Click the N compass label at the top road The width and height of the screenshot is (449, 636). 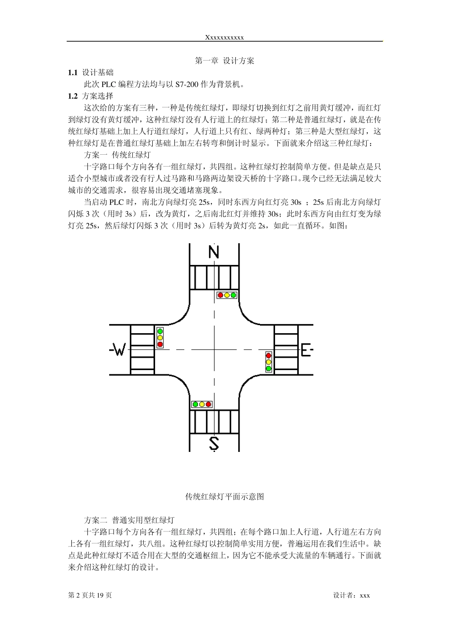click(x=214, y=252)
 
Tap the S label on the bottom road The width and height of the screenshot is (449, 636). click(x=214, y=443)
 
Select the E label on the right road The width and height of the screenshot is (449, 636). click(x=306, y=350)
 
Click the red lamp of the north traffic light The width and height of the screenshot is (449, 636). click(x=220, y=295)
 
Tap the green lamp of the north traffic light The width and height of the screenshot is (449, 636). click(x=233, y=295)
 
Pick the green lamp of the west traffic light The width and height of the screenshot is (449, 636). click(x=160, y=331)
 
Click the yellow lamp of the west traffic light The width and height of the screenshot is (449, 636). click(x=160, y=338)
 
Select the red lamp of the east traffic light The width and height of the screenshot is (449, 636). click(x=268, y=355)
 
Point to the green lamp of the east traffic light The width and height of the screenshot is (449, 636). click(x=268, y=368)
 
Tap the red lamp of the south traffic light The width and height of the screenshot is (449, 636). click(x=208, y=405)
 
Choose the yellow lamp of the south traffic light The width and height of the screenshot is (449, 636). click(x=202, y=405)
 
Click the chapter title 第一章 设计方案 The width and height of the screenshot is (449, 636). click(x=224, y=61)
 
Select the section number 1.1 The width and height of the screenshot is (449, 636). click(x=72, y=73)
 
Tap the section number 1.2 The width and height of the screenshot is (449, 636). click(x=72, y=96)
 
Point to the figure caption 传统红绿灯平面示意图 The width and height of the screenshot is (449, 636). click(x=224, y=496)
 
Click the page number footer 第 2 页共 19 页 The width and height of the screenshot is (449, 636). click(x=90, y=595)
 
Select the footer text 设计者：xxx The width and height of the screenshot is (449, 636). click(x=352, y=595)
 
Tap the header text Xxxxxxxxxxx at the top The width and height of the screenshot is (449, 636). click(x=224, y=37)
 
